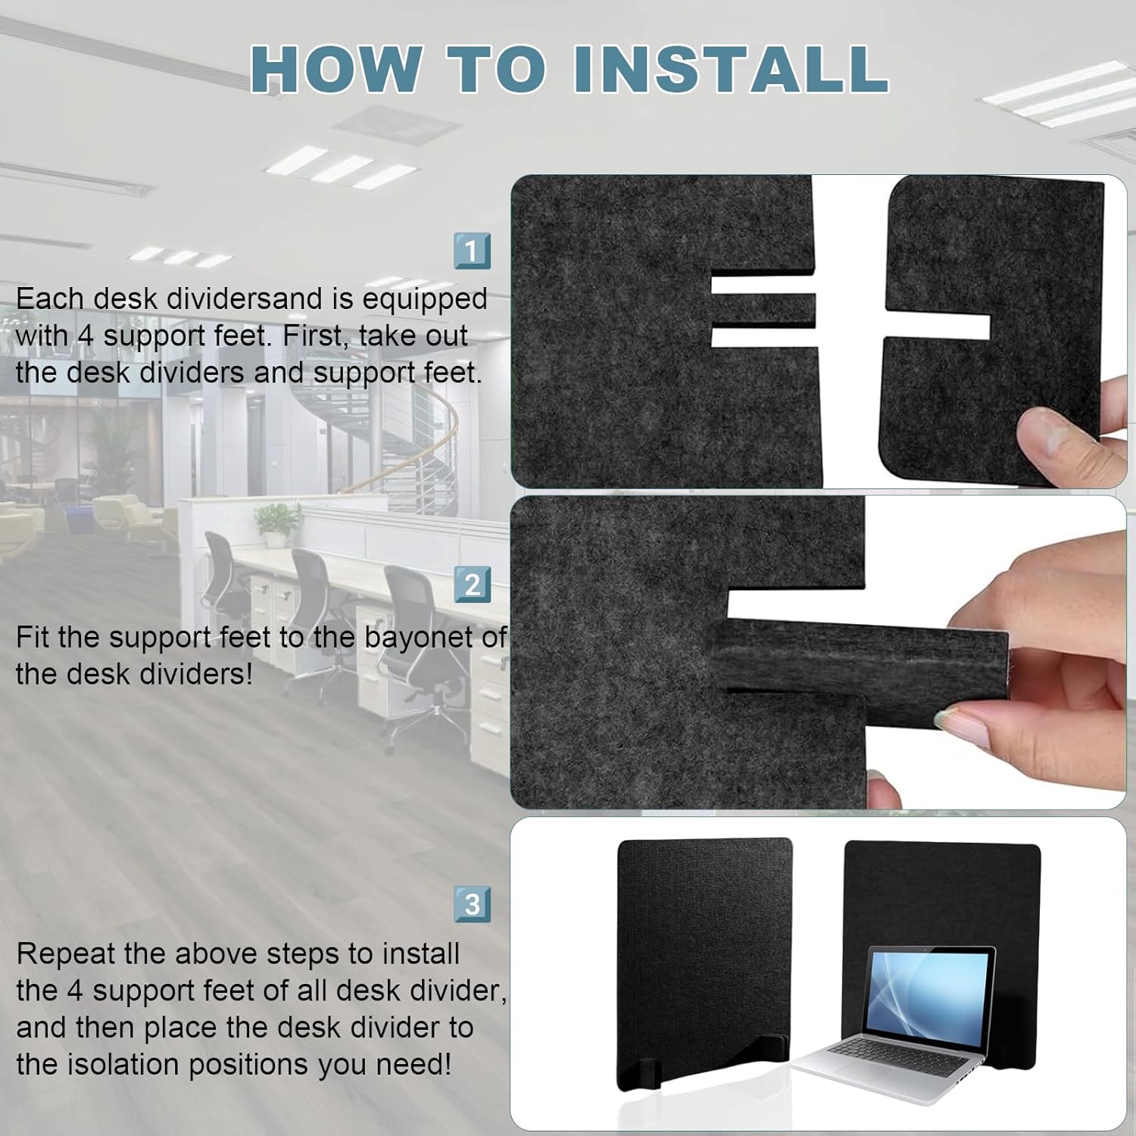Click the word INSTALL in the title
[x=730, y=68]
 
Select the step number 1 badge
[x=472, y=251]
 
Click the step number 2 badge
[x=472, y=585]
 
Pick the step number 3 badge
[x=472, y=904]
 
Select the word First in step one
[x=313, y=336]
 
